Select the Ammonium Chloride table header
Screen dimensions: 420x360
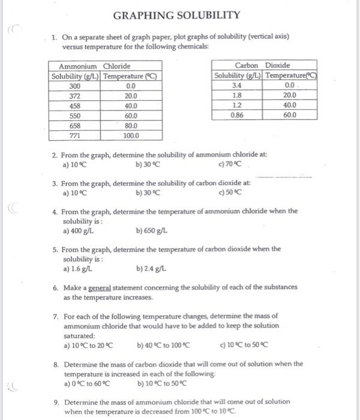[x=94, y=66]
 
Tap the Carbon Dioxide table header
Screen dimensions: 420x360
[x=265, y=65]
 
